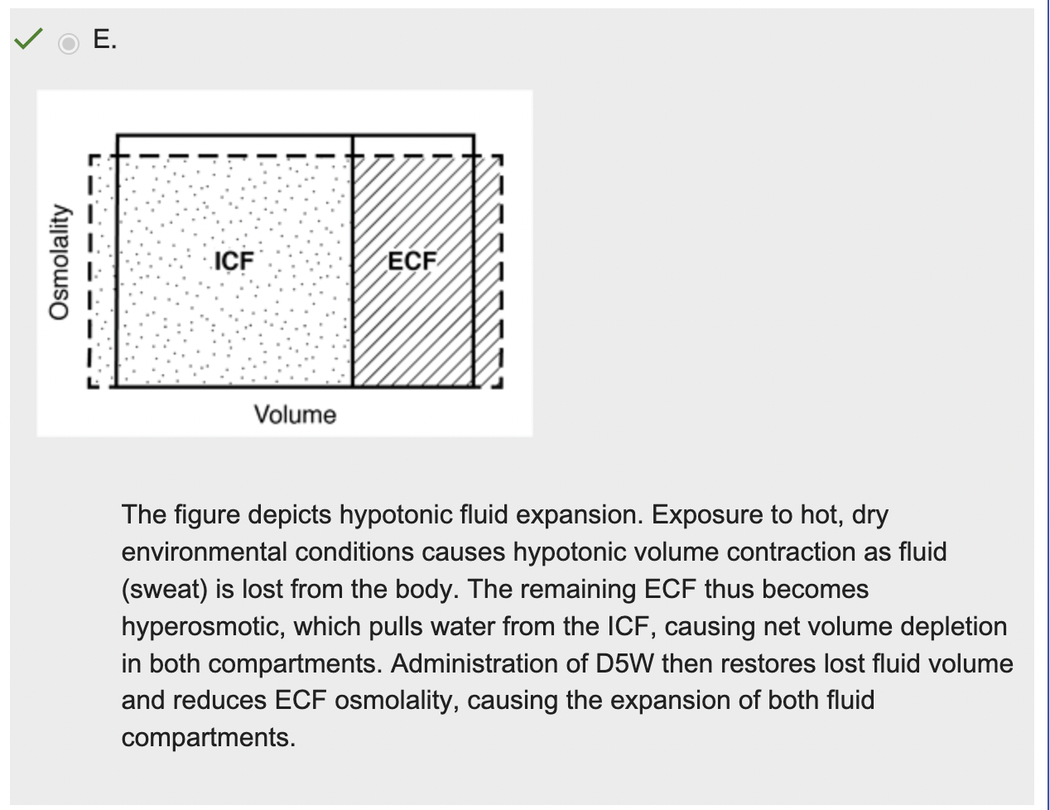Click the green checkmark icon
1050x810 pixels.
pos(28,38)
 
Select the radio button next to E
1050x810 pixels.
pos(69,42)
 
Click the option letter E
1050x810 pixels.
pos(104,39)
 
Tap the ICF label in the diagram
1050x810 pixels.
pos(234,261)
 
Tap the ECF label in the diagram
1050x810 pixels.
pos(412,261)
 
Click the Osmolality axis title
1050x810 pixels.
pos(58,262)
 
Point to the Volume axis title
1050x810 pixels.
pos(295,414)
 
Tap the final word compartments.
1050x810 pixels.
pos(208,737)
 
